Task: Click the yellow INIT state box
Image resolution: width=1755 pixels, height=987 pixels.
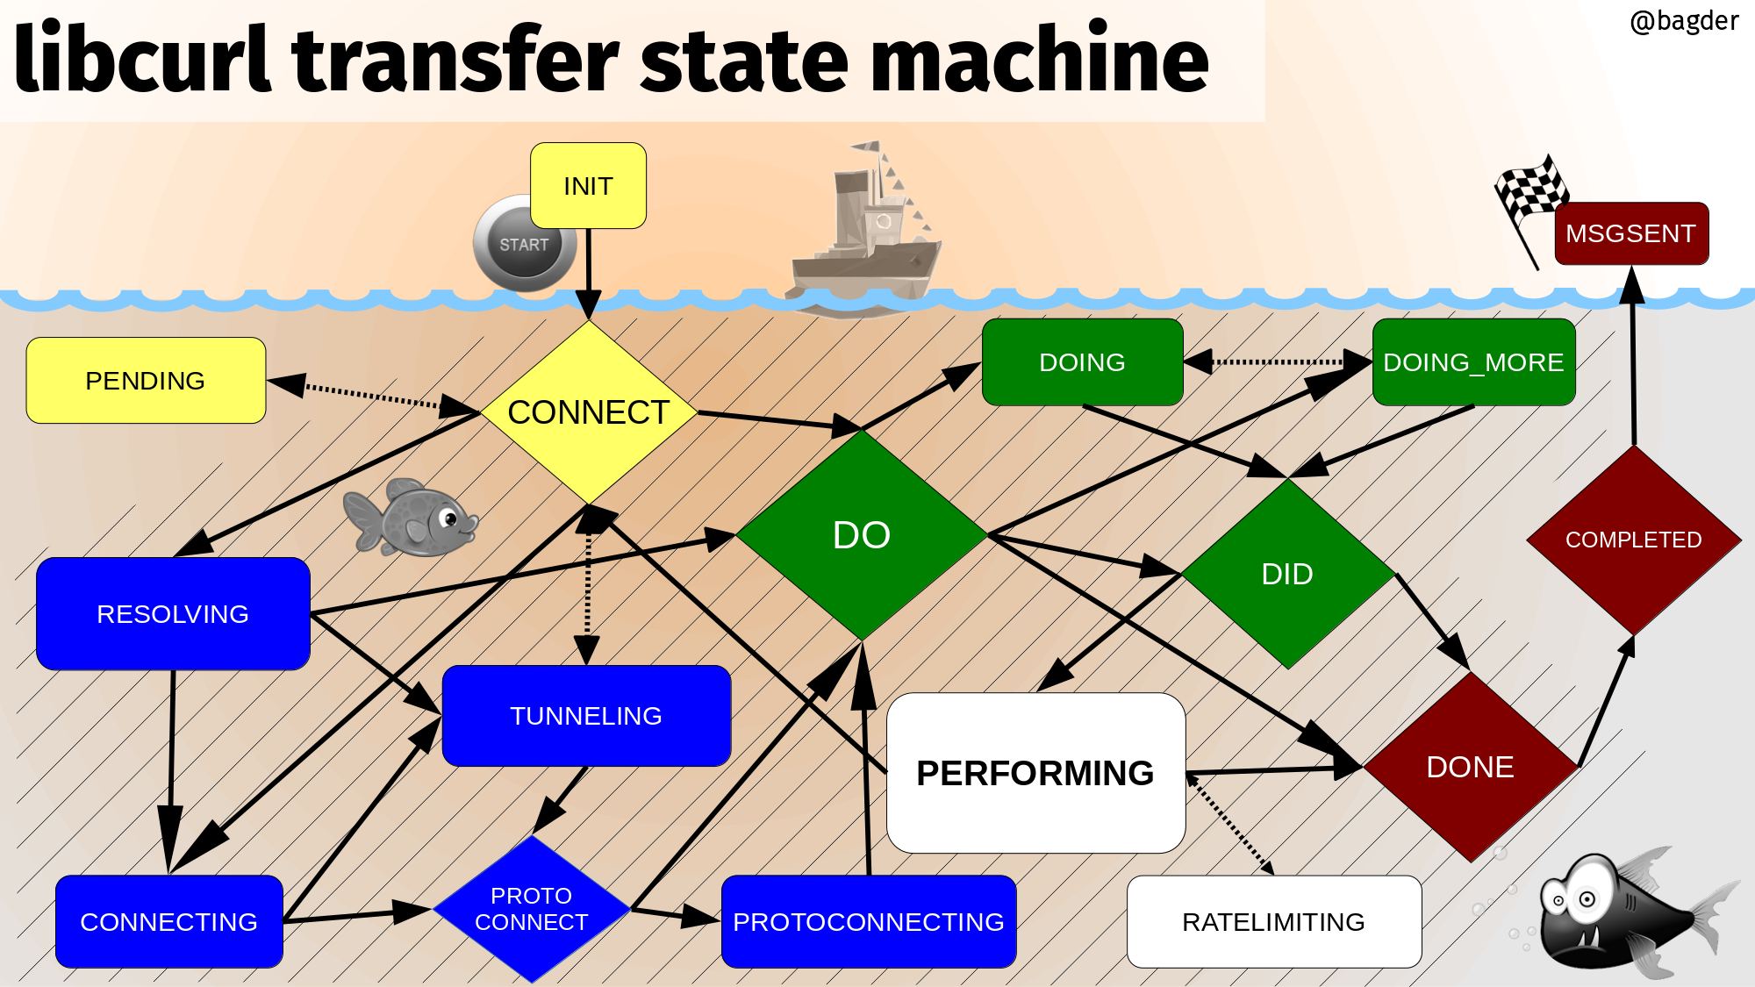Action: [x=588, y=186]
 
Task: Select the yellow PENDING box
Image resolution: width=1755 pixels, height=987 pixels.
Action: [x=146, y=381]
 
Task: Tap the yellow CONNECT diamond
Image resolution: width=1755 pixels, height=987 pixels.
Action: [x=589, y=412]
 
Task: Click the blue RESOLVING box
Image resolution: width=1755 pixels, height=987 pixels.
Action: [x=173, y=613]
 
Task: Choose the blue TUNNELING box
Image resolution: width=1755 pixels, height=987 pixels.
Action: [x=586, y=716]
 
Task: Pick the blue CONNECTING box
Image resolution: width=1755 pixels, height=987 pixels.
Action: [x=169, y=921]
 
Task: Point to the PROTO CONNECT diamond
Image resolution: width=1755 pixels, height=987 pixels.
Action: [x=532, y=909]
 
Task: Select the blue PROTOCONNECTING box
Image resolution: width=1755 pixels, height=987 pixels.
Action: [x=869, y=921]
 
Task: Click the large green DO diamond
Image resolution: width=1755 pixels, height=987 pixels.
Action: [x=862, y=535]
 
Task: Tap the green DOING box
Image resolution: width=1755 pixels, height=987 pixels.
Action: [x=1083, y=362]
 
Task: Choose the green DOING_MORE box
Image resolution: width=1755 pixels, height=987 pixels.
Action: [x=1473, y=362]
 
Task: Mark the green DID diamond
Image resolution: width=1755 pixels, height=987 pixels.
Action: [x=1288, y=574]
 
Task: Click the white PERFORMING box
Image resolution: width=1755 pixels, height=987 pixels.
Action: [x=1035, y=773]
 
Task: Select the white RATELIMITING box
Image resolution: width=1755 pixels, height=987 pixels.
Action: [x=1274, y=921]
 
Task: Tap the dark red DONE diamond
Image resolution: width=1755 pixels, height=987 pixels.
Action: [x=1471, y=767]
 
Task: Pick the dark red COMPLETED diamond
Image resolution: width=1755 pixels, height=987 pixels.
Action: [x=1634, y=540]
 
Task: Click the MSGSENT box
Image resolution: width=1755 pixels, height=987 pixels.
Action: [x=1631, y=233]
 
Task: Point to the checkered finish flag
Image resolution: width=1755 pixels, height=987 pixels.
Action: [x=1531, y=197]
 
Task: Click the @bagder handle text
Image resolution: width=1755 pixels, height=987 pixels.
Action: [x=1684, y=21]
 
